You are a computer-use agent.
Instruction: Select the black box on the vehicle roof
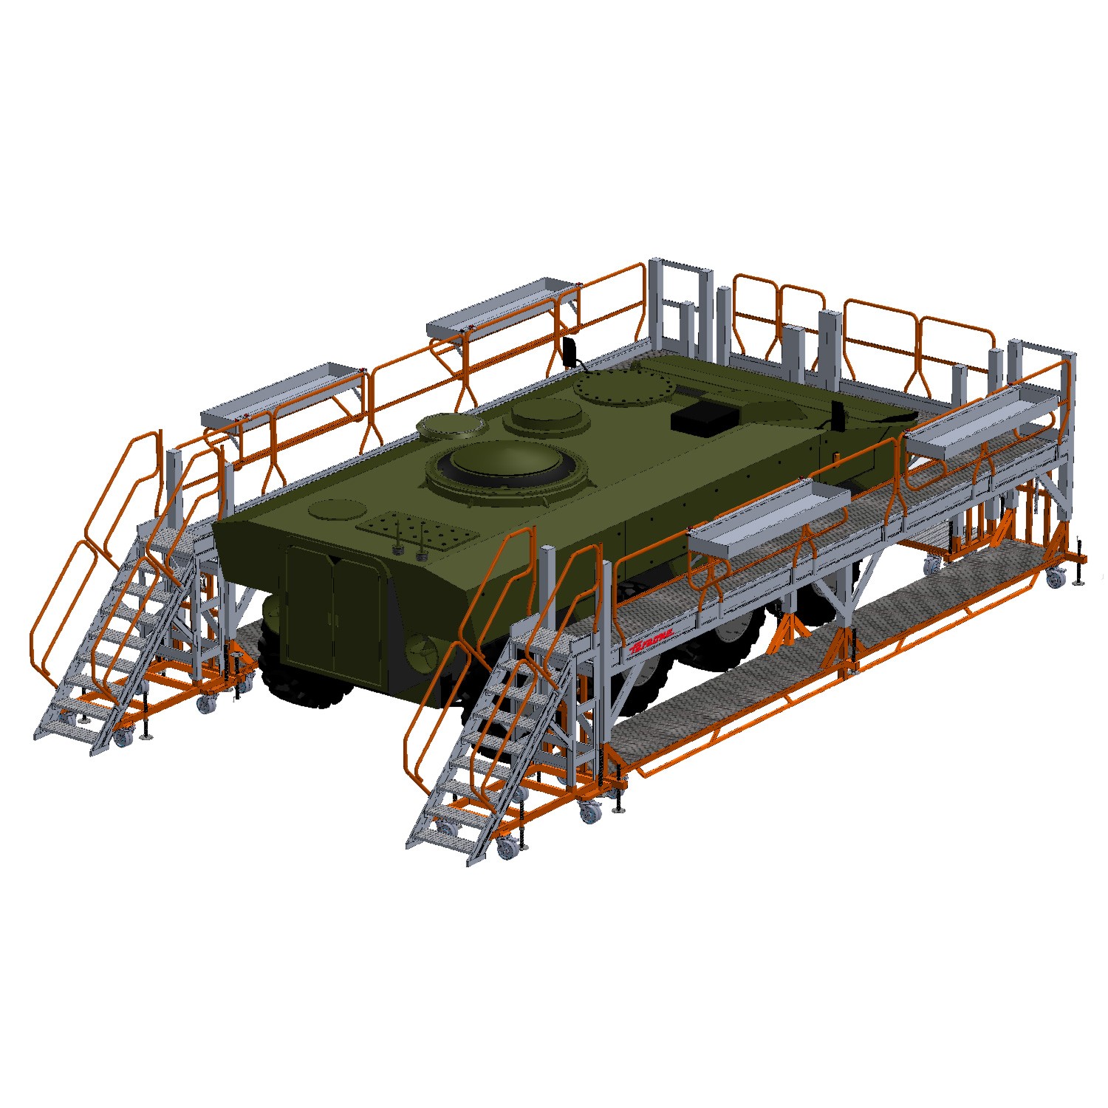click(704, 417)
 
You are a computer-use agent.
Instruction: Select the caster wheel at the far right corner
click(1056, 578)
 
